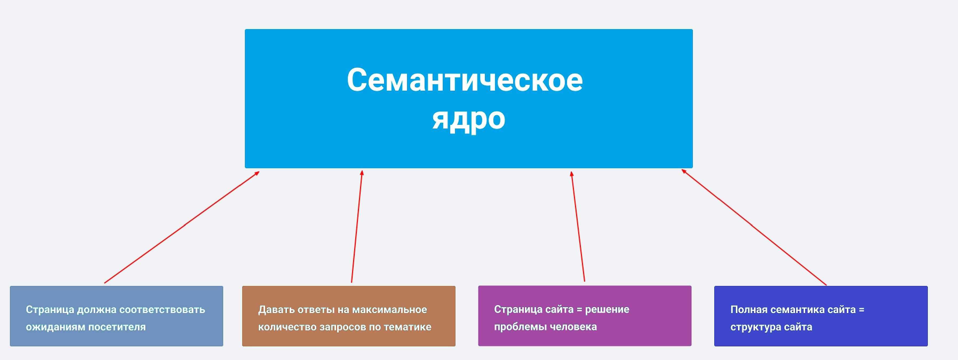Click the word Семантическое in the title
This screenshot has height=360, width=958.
click(465, 80)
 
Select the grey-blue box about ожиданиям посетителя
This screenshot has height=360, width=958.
click(116, 316)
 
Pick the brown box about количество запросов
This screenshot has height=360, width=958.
click(349, 316)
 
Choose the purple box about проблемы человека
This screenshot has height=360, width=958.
click(585, 316)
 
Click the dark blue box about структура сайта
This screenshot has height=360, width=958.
click(821, 316)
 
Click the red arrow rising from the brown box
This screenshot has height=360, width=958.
click(357, 226)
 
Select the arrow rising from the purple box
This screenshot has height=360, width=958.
click(578, 226)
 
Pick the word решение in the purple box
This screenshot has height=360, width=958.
click(607, 309)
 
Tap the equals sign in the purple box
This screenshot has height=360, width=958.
click(579, 309)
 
